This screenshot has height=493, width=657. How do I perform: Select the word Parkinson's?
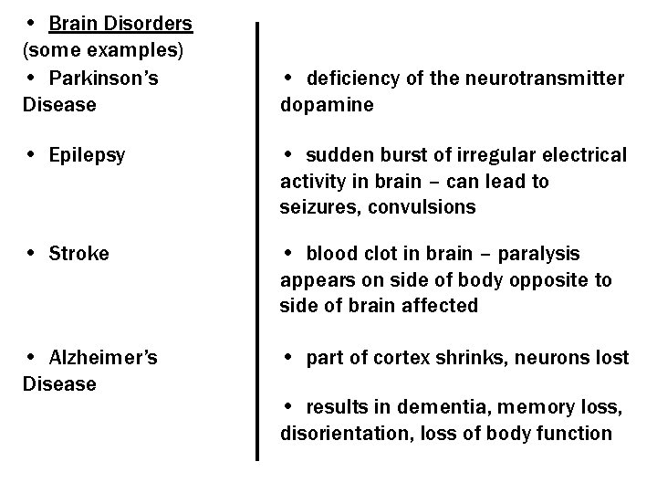pyautogui.click(x=104, y=79)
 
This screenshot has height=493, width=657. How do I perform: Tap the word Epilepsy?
pyautogui.click(x=89, y=155)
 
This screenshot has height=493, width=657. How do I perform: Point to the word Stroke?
pyautogui.click(x=79, y=253)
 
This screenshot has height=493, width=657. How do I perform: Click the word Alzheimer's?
pyautogui.click(x=104, y=358)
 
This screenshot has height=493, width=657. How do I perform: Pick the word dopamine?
pyautogui.click(x=327, y=105)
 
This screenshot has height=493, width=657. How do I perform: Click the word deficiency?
pyautogui.click(x=352, y=79)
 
